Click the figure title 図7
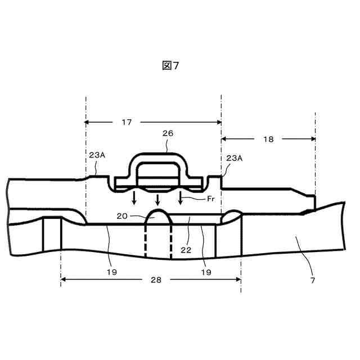coord(170,65)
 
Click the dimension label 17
coord(127,122)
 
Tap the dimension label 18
coord(268,139)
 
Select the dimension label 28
coord(156,280)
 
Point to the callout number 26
coord(168,133)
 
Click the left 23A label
coord(97,155)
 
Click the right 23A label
coord(234,158)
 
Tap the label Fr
coord(211,199)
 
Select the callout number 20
coord(122,216)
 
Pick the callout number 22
coord(186,250)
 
